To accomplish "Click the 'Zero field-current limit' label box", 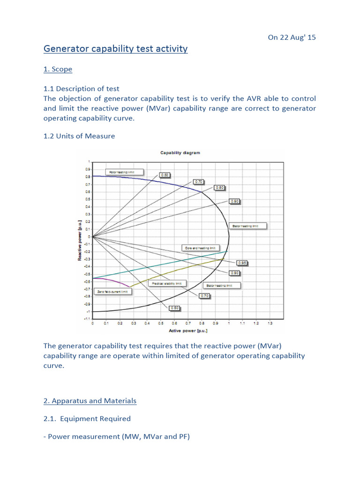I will click(112, 291).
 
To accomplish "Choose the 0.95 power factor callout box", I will click(241, 263).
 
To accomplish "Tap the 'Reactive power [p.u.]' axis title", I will click(80, 240).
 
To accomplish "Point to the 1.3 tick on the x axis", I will click(270, 323).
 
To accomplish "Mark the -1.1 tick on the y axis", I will click(88, 319).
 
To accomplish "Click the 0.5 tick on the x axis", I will click(161, 323).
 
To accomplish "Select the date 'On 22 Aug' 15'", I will click(292, 37).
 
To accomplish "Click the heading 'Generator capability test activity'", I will click(115, 49).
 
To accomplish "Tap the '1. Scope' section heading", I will click(58, 69).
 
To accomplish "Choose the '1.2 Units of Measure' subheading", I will click(79, 136).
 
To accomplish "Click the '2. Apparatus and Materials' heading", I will click(90, 401).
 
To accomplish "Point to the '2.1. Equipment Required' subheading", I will click(87, 419).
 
